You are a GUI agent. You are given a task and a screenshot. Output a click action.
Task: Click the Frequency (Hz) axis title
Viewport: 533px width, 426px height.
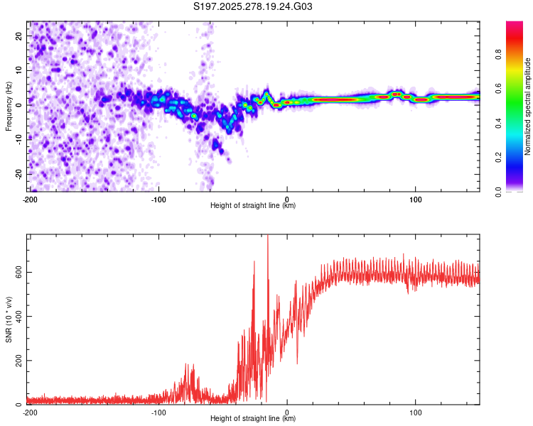tap(9, 106)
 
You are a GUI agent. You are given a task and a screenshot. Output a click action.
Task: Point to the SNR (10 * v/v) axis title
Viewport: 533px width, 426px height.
tap(9, 319)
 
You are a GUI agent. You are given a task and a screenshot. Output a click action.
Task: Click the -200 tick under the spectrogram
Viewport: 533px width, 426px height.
tap(30, 198)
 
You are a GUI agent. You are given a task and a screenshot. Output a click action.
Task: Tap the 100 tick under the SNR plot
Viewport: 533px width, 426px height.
tap(416, 411)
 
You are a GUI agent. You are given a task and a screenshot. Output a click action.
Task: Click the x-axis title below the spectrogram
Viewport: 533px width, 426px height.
tap(254, 206)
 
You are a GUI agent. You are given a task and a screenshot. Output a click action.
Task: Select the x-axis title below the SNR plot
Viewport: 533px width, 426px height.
tap(254, 419)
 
